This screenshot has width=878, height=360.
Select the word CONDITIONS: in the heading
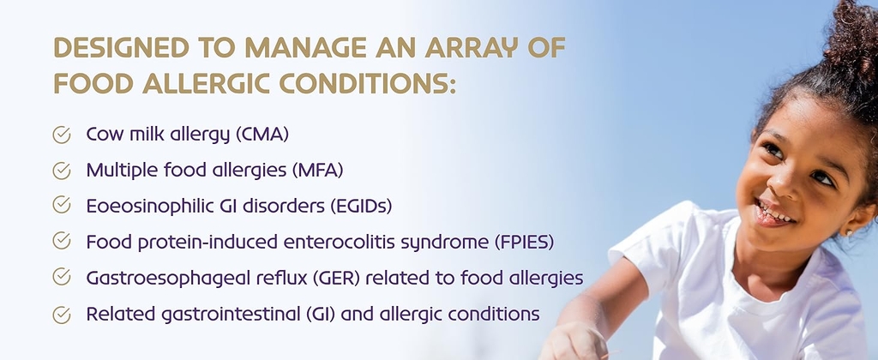coord(368,83)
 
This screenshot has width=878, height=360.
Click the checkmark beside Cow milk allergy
coord(62,135)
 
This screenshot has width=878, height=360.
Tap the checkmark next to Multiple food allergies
coord(62,171)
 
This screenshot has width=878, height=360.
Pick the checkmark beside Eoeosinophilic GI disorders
coord(62,205)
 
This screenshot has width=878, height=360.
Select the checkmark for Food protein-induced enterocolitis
coord(62,241)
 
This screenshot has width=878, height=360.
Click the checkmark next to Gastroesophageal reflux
coord(62,277)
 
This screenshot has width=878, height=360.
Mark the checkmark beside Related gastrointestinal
coord(62,315)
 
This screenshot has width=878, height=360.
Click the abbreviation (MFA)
coord(317,171)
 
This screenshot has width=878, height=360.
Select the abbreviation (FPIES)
coord(524,242)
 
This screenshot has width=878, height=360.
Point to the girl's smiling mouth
coord(774,213)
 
